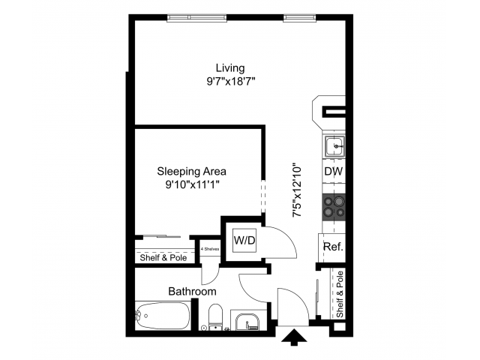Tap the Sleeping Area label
pyautogui.click(x=191, y=170)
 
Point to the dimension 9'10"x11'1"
pyautogui.click(x=191, y=184)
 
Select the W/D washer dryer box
pyautogui.click(x=243, y=241)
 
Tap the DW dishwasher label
pyautogui.click(x=333, y=172)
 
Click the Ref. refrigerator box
pyautogui.click(x=332, y=247)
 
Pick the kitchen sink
pyautogui.click(x=334, y=145)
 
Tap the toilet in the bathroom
pyautogui.click(x=214, y=316)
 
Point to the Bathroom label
pyautogui.click(x=192, y=291)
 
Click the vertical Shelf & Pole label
pyautogui.click(x=339, y=294)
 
